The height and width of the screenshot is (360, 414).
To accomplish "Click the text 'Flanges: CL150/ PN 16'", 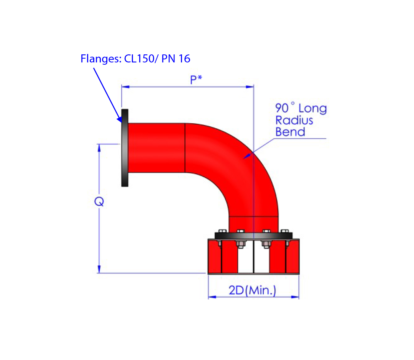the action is (x=135, y=59).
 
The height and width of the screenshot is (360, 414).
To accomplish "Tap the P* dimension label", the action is (x=196, y=79).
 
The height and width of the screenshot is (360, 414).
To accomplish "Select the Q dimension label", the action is (x=99, y=202).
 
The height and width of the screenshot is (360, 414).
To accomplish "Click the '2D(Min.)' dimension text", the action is (x=252, y=291).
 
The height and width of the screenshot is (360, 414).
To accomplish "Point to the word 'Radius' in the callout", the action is (x=294, y=120).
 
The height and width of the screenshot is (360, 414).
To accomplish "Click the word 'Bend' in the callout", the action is (x=290, y=132).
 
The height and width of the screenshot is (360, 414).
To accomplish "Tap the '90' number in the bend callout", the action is (x=282, y=108).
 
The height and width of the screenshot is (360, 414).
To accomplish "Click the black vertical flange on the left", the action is (x=125, y=148).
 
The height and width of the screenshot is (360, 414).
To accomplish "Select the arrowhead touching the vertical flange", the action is (x=119, y=119).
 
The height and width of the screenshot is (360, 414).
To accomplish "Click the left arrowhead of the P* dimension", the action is (x=125, y=87).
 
